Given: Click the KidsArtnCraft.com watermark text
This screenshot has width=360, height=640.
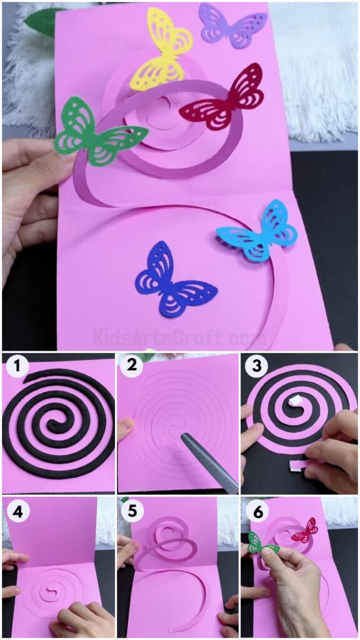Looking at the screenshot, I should pyautogui.click(x=180, y=338).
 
